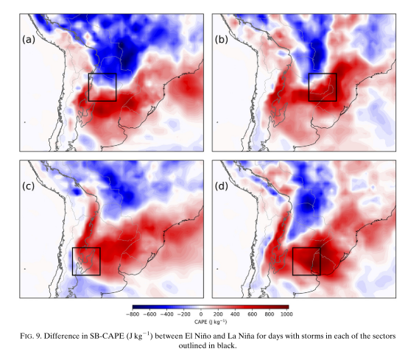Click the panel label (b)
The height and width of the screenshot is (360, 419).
coord(222,40)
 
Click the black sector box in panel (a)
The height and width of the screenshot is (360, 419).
coord(102,87)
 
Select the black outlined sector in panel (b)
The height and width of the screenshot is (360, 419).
coord(323,87)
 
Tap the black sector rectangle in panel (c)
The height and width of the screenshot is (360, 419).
coord(86,261)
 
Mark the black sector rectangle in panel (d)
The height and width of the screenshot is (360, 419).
coord(306,261)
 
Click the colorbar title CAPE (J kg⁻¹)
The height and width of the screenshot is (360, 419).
coord(211,322)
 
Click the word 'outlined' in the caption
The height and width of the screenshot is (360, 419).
coord(194,346)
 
